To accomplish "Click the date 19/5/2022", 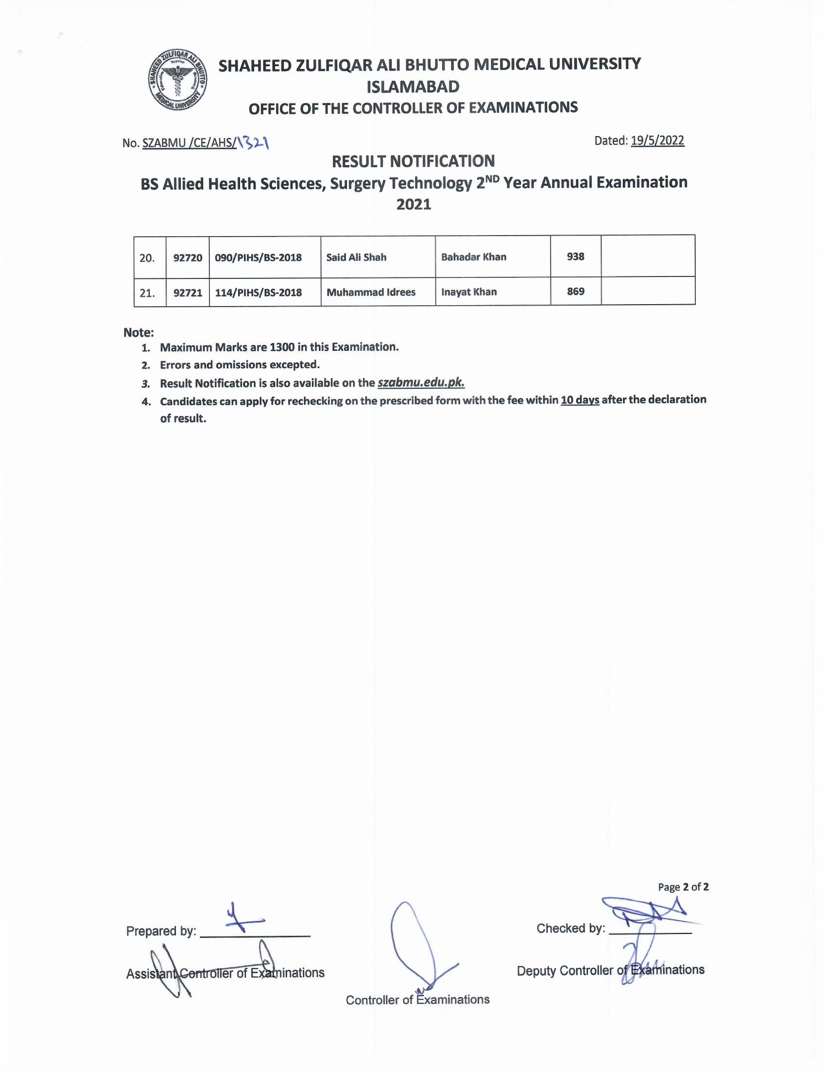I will tap(657, 140).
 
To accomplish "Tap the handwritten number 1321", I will tap(254, 142).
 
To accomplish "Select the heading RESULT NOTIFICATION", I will tap(413, 161).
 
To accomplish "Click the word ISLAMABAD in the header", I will tap(413, 86).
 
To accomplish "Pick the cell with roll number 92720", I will tap(188, 258).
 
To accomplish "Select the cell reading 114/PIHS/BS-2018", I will tap(258, 293).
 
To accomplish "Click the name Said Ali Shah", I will tap(356, 257).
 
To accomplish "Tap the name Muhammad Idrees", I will tap(371, 292).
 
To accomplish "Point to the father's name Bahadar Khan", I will tap(474, 257).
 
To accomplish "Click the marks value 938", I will tap(575, 257).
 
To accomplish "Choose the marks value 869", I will tap(575, 292).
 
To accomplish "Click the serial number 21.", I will tap(147, 293).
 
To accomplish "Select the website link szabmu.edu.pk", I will tap(421, 382).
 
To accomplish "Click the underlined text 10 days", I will tap(580, 400).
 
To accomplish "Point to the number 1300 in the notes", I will tap(281, 347).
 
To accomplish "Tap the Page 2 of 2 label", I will tap(683, 887).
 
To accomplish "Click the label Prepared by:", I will tap(161, 931).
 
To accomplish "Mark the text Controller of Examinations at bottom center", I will tap(417, 1000).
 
